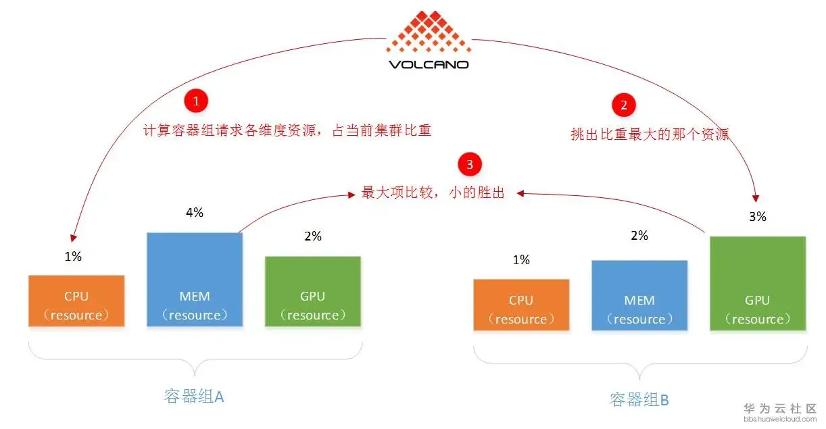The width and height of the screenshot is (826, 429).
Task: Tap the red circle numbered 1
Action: (x=196, y=101)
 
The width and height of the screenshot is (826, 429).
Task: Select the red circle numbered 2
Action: (x=623, y=105)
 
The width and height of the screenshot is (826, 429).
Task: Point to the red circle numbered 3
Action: (x=470, y=164)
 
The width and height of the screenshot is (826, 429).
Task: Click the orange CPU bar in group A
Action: (x=76, y=301)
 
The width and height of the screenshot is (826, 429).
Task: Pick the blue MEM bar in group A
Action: (x=195, y=280)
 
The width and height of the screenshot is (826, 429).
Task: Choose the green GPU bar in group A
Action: (x=312, y=291)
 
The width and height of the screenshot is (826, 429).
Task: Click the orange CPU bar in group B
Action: (x=521, y=305)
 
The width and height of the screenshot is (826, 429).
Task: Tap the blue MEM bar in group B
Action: (x=639, y=295)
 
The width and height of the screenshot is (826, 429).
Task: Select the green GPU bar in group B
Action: (x=758, y=283)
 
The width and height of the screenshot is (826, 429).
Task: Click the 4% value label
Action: (x=195, y=213)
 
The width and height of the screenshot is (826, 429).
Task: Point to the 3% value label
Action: (x=757, y=217)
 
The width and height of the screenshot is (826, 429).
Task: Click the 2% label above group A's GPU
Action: (x=313, y=236)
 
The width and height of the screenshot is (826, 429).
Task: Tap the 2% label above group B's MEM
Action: (x=639, y=236)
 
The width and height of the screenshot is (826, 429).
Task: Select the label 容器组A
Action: (x=194, y=397)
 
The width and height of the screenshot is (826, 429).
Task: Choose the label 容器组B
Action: (x=639, y=399)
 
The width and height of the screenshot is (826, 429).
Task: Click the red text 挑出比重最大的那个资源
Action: (x=650, y=134)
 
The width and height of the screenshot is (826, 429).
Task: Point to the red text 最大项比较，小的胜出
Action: (x=433, y=193)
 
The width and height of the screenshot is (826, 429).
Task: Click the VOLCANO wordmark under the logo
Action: (x=429, y=65)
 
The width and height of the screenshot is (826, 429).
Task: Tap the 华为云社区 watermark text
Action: (x=780, y=409)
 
